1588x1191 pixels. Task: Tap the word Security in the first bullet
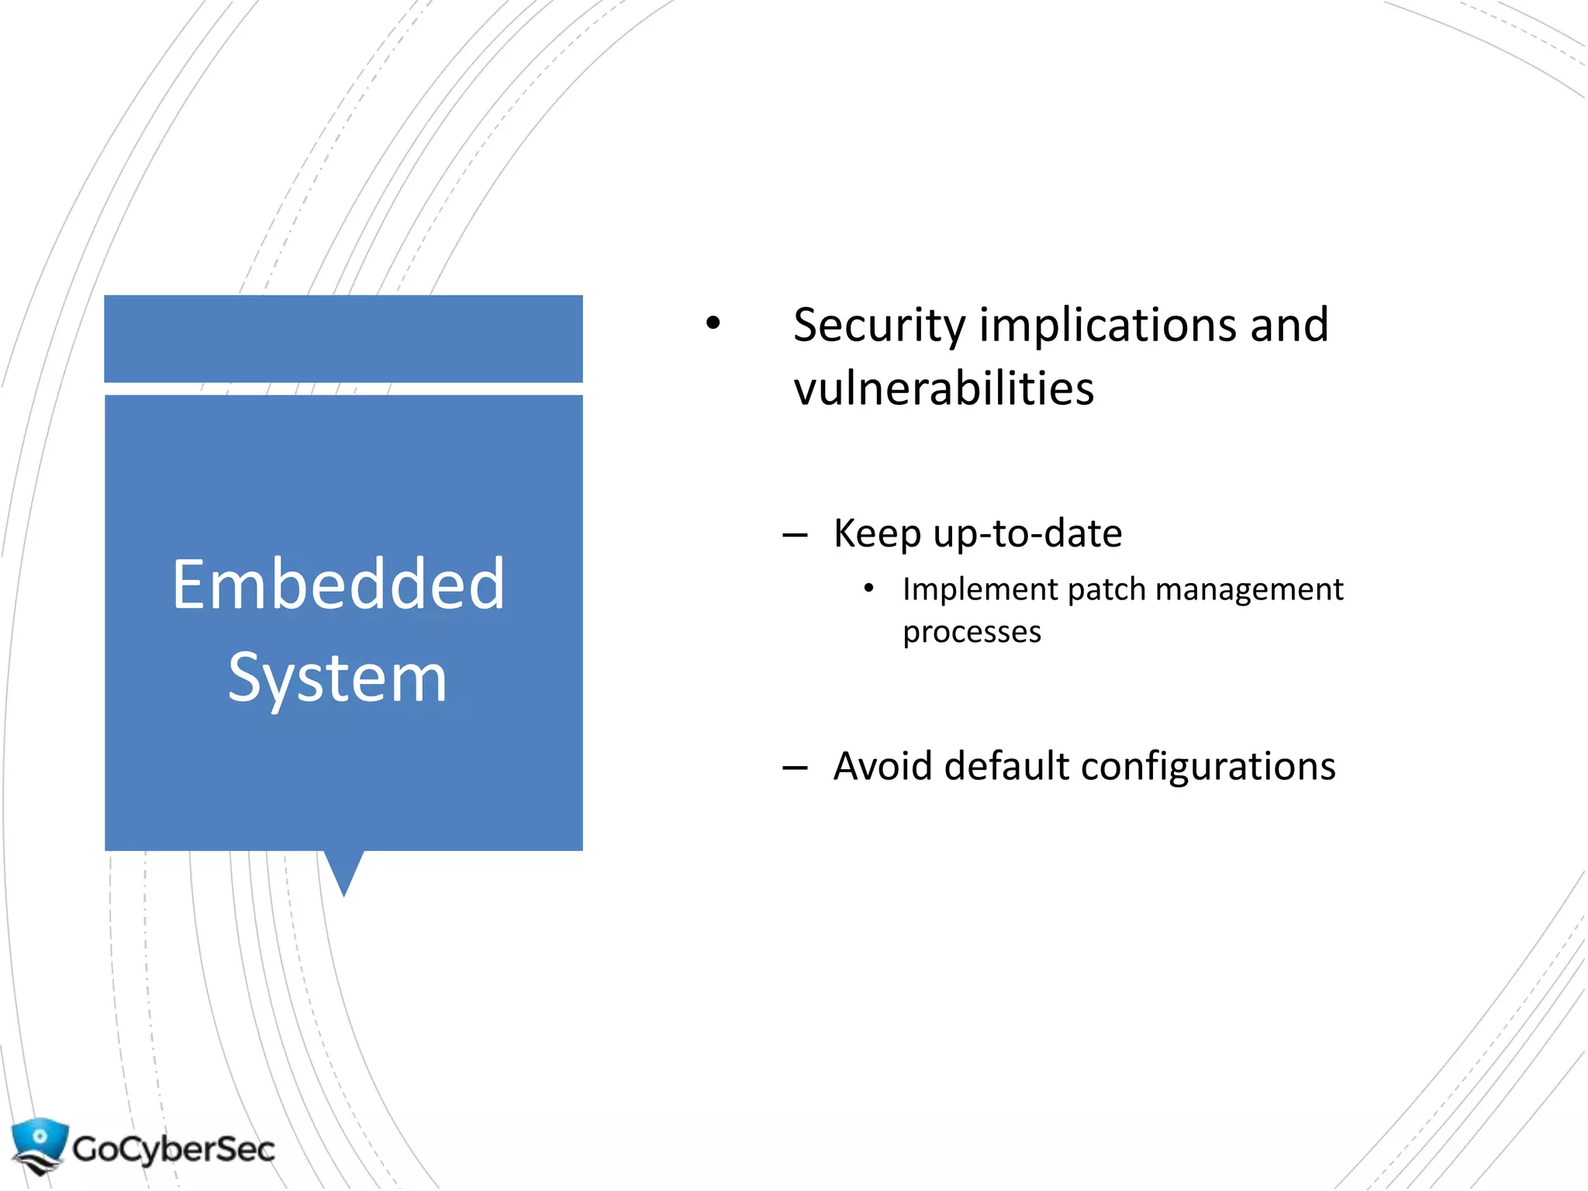879,326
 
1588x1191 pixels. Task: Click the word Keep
876,533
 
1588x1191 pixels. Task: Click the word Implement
980,589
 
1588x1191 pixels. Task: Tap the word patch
1106,589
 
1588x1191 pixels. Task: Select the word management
1249,589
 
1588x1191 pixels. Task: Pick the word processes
972,632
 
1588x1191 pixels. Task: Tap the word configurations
1208,766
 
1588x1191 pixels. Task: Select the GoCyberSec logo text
174,1148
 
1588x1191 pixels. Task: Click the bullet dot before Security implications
713,323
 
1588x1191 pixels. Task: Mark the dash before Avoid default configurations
795,768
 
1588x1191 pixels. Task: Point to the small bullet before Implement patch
868,589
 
